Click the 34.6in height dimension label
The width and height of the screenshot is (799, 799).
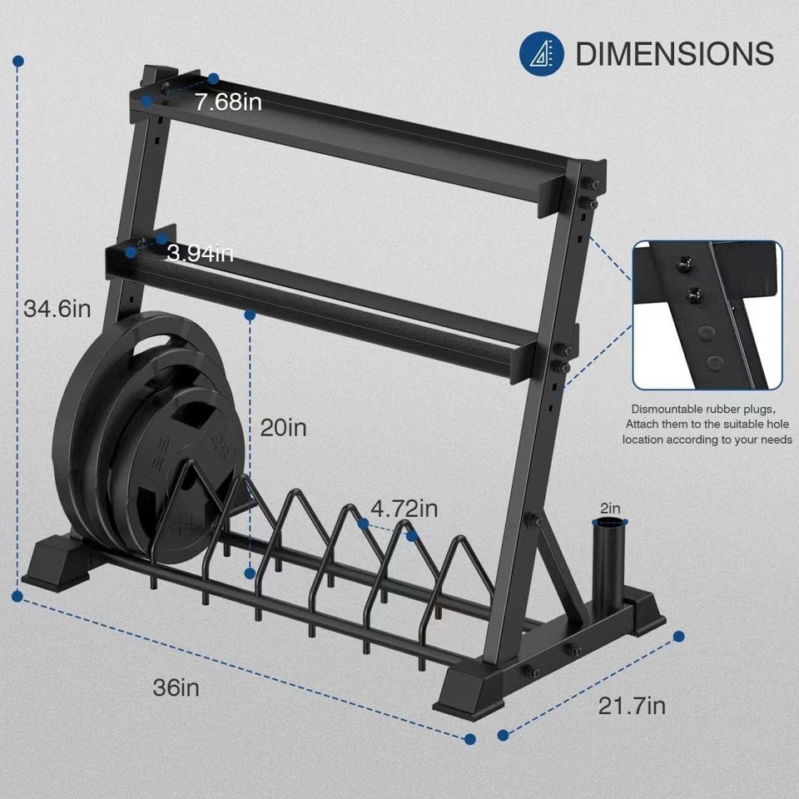[57, 309]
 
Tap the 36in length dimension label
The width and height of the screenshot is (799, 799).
[176, 687]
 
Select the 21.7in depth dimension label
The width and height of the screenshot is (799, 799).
[632, 706]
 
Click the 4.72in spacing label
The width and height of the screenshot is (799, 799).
[404, 507]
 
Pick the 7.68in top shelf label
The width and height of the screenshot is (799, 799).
[228, 102]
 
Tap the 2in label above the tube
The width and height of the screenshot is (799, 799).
[609, 508]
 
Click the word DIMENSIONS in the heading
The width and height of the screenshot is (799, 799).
[674, 54]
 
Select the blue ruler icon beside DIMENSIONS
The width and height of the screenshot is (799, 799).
[542, 53]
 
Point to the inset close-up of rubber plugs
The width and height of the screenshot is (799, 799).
[707, 315]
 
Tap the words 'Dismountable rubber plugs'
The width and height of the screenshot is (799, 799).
[703, 409]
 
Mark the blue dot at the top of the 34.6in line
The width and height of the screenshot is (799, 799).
[18, 62]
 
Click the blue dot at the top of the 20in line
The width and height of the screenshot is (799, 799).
[250, 315]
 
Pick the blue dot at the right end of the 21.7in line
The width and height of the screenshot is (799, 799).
[678, 636]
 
